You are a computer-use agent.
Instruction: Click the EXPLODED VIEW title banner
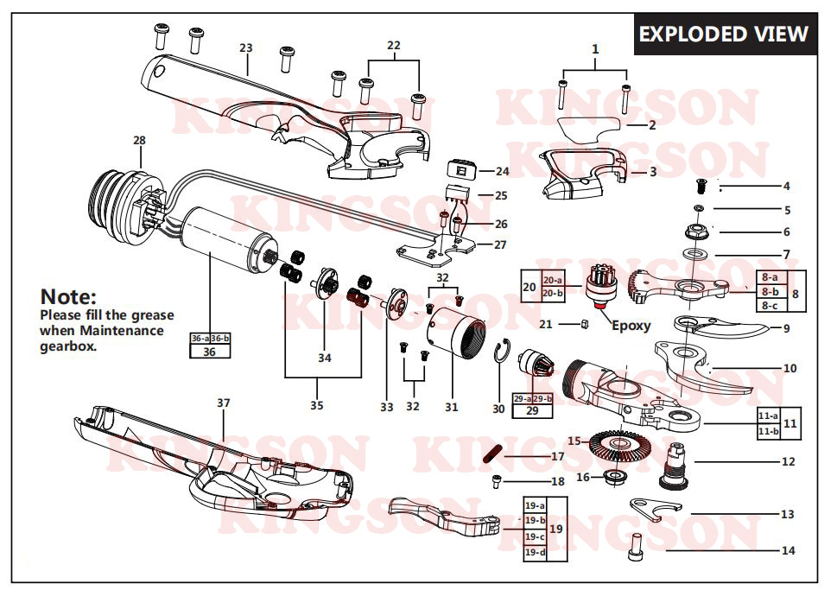pyautogui.click(x=724, y=35)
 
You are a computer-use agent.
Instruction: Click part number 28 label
pyautogui.click(x=139, y=140)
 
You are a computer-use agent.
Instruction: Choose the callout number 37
pyautogui.click(x=224, y=403)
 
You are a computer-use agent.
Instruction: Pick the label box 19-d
pyautogui.click(x=535, y=552)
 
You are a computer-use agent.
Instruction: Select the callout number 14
pyautogui.click(x=788, y=550)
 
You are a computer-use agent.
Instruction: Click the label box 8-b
pyautogui.click(x=770, y=291)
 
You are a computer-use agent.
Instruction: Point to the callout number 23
pyautogui.click(x=246, y=47)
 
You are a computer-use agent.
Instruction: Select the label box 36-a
pyautogui.click(x=200, y=339)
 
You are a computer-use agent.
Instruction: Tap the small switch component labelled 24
pyautogui.click(x=458, y=169)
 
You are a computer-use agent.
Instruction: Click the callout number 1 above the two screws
pyautogui.click(x=595, y=49)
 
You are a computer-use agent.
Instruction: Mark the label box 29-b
pyautogui.click(x=544, y=398)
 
